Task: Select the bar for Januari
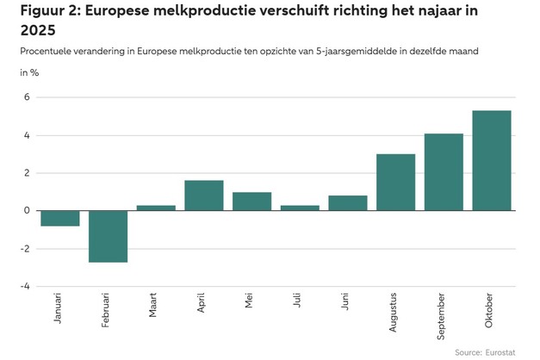pyautogui.click(x=60, y=218)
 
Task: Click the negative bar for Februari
pyautogui.click(x=109, y=236)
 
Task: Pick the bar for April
pyautogui.click(x=204, y=196)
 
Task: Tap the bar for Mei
pyautogui.click(x=252, y=202)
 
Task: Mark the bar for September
pyautogui.click(x=444, y=172)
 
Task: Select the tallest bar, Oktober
pyautogui.click(x=492, y=161)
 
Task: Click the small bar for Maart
pyautogui.click(x=156, y=208)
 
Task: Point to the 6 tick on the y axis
pyautogui.click(x=27, y=97)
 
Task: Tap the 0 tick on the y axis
pyautogui.click(x=27, y=211)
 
